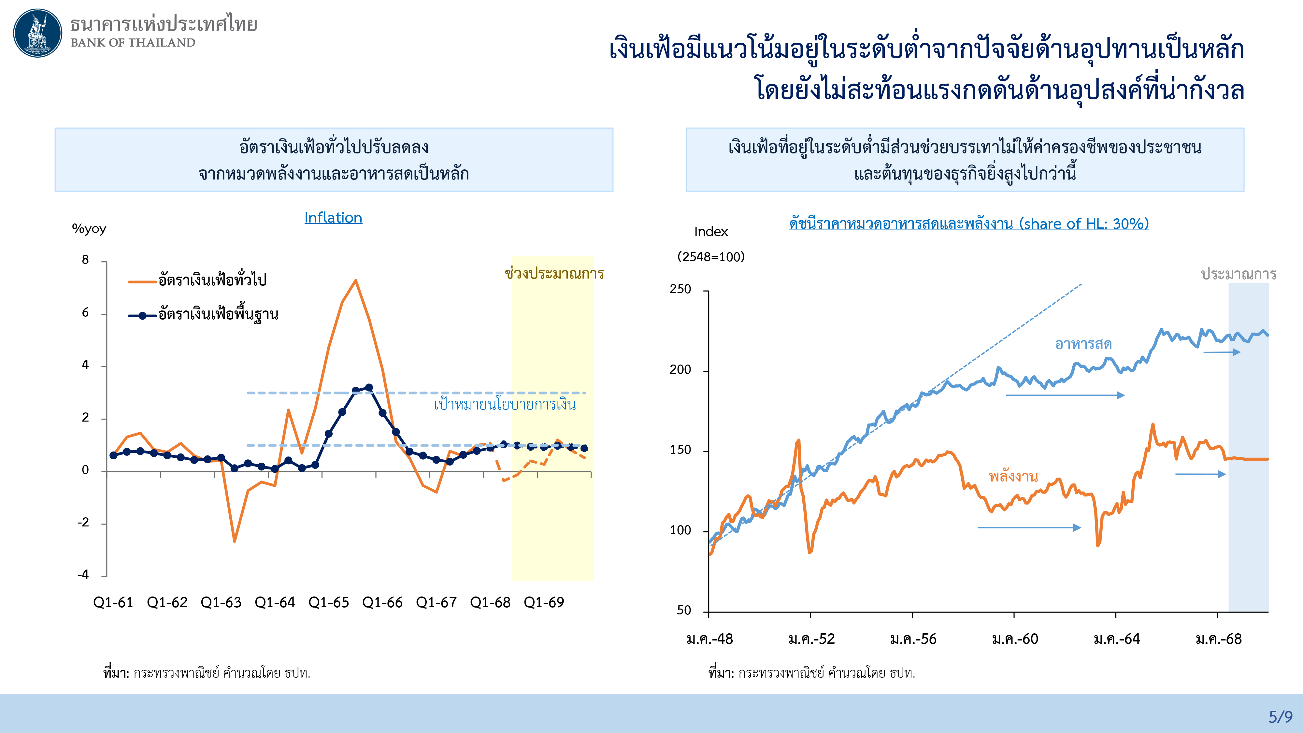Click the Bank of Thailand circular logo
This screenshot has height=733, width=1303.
[37, 33]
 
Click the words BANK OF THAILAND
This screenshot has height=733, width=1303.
[133, 42]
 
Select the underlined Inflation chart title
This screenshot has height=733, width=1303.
[333, 218]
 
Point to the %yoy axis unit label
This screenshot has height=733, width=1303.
[89, 229]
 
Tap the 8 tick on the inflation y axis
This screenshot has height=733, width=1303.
[85, 260]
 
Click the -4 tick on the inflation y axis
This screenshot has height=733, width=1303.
[83, 575]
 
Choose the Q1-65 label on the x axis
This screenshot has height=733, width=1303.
[328, 602]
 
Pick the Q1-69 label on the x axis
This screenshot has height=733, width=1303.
[544, 602]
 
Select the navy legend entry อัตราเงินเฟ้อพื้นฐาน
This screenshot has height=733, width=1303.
[218, 315]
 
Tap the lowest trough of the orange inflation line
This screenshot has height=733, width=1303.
[235, 541]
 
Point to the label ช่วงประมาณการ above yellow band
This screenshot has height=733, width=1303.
[554, 274]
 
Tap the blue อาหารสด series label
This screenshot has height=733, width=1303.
[1083, 344]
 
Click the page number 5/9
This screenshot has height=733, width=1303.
[1280, 717]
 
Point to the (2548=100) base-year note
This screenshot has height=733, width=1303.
[711, 257]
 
